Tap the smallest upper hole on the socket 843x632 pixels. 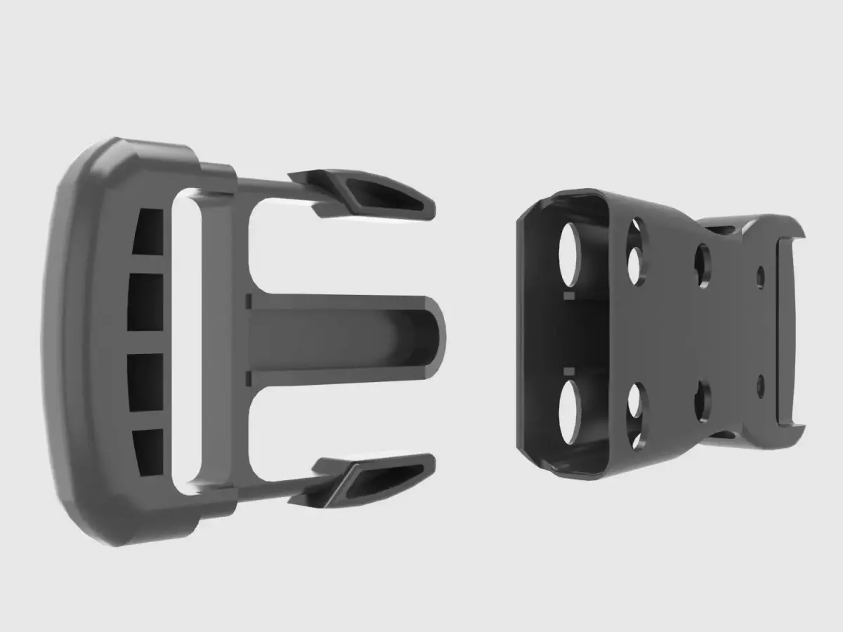[x=761, y=277]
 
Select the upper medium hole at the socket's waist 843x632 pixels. [x=703, y=266]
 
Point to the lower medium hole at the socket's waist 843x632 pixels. [x=702, y=402]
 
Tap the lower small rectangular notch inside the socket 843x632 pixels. [x=568, y=369]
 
